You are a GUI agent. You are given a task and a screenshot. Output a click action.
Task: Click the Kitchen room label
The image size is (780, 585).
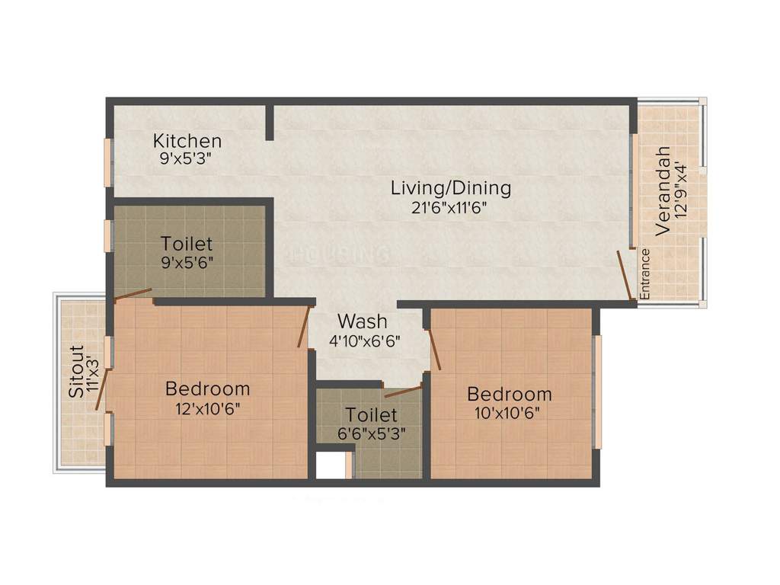point(187,141)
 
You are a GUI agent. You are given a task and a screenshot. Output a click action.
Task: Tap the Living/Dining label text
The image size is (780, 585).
point(451,187)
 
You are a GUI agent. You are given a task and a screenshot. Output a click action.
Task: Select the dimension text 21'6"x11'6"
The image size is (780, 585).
point(449,206)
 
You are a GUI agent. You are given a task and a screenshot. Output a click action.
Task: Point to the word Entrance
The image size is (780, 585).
point(644,273)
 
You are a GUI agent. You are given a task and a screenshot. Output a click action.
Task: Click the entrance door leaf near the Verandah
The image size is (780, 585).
point(625,274)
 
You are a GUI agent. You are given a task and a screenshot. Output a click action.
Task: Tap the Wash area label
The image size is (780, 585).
point(363,321)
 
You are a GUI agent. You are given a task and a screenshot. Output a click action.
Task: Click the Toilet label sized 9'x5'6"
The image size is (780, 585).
point(187,245)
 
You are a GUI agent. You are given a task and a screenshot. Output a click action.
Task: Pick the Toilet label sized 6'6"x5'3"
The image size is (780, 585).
point(371,415)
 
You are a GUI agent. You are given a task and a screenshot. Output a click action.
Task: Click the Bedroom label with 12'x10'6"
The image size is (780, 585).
point(207,389)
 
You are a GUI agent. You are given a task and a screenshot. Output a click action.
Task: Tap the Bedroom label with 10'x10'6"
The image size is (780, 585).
point(509,395)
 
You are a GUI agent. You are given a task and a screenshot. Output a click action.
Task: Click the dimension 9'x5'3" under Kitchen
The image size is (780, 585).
point(185,159)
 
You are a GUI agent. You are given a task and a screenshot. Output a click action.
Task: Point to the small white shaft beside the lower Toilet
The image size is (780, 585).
point(331,465)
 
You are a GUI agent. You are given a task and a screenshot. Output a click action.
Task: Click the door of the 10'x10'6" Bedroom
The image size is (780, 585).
point(435,348)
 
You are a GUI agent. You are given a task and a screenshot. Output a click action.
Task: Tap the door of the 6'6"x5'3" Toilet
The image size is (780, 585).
point(403,392)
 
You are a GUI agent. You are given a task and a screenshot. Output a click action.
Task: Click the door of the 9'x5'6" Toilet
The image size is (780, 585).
point(133,294)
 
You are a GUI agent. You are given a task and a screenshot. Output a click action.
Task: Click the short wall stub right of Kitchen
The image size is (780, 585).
point(270,122)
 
